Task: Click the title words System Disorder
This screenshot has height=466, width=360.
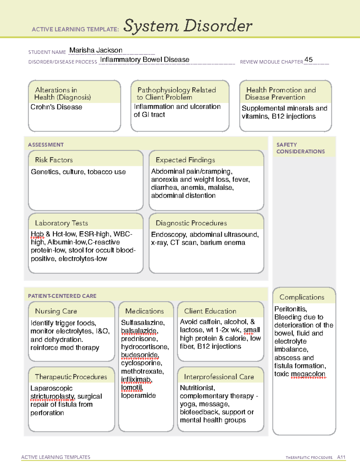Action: [188, 26]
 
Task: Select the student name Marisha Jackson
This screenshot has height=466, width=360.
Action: [96, 50]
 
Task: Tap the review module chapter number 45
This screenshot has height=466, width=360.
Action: [308, 60]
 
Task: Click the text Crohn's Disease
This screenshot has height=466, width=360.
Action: [56, 107]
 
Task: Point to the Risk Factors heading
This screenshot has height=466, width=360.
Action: [54, 160]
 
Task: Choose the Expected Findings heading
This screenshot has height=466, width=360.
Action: [185, 160]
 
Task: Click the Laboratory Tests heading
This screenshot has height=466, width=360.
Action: [61, 223]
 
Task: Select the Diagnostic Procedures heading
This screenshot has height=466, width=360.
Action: [191, 223]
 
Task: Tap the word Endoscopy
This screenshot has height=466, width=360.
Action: [169, 235]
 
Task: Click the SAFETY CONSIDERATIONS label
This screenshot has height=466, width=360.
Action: [300, 148]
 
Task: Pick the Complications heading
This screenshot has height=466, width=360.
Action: [302, 297]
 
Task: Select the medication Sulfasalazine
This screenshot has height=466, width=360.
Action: [143, 323]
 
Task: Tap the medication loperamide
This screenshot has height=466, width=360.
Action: [138, 396]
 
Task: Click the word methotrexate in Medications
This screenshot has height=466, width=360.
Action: [142, 371]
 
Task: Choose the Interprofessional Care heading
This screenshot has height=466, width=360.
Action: [219, 377]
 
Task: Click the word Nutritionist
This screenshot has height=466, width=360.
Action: [197, 388]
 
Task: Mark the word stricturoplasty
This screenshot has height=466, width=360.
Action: [52, 397]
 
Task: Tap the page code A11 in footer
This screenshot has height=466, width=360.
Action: [341, 457]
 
